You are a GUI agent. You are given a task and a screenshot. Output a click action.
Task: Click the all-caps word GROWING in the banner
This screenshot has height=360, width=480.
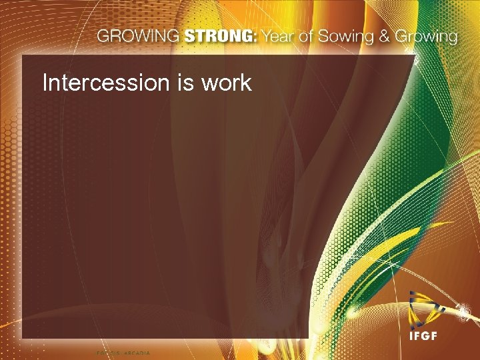coord(138,36)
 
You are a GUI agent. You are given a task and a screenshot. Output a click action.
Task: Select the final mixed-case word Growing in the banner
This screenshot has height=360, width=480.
coord(426,37)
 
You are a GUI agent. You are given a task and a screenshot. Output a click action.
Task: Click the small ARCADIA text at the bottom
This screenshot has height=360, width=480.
coord(137,353)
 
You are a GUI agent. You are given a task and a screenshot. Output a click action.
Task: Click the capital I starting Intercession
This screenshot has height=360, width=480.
coord(45,83)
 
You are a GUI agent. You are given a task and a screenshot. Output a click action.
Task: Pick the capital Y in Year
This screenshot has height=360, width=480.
coord(264,36)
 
